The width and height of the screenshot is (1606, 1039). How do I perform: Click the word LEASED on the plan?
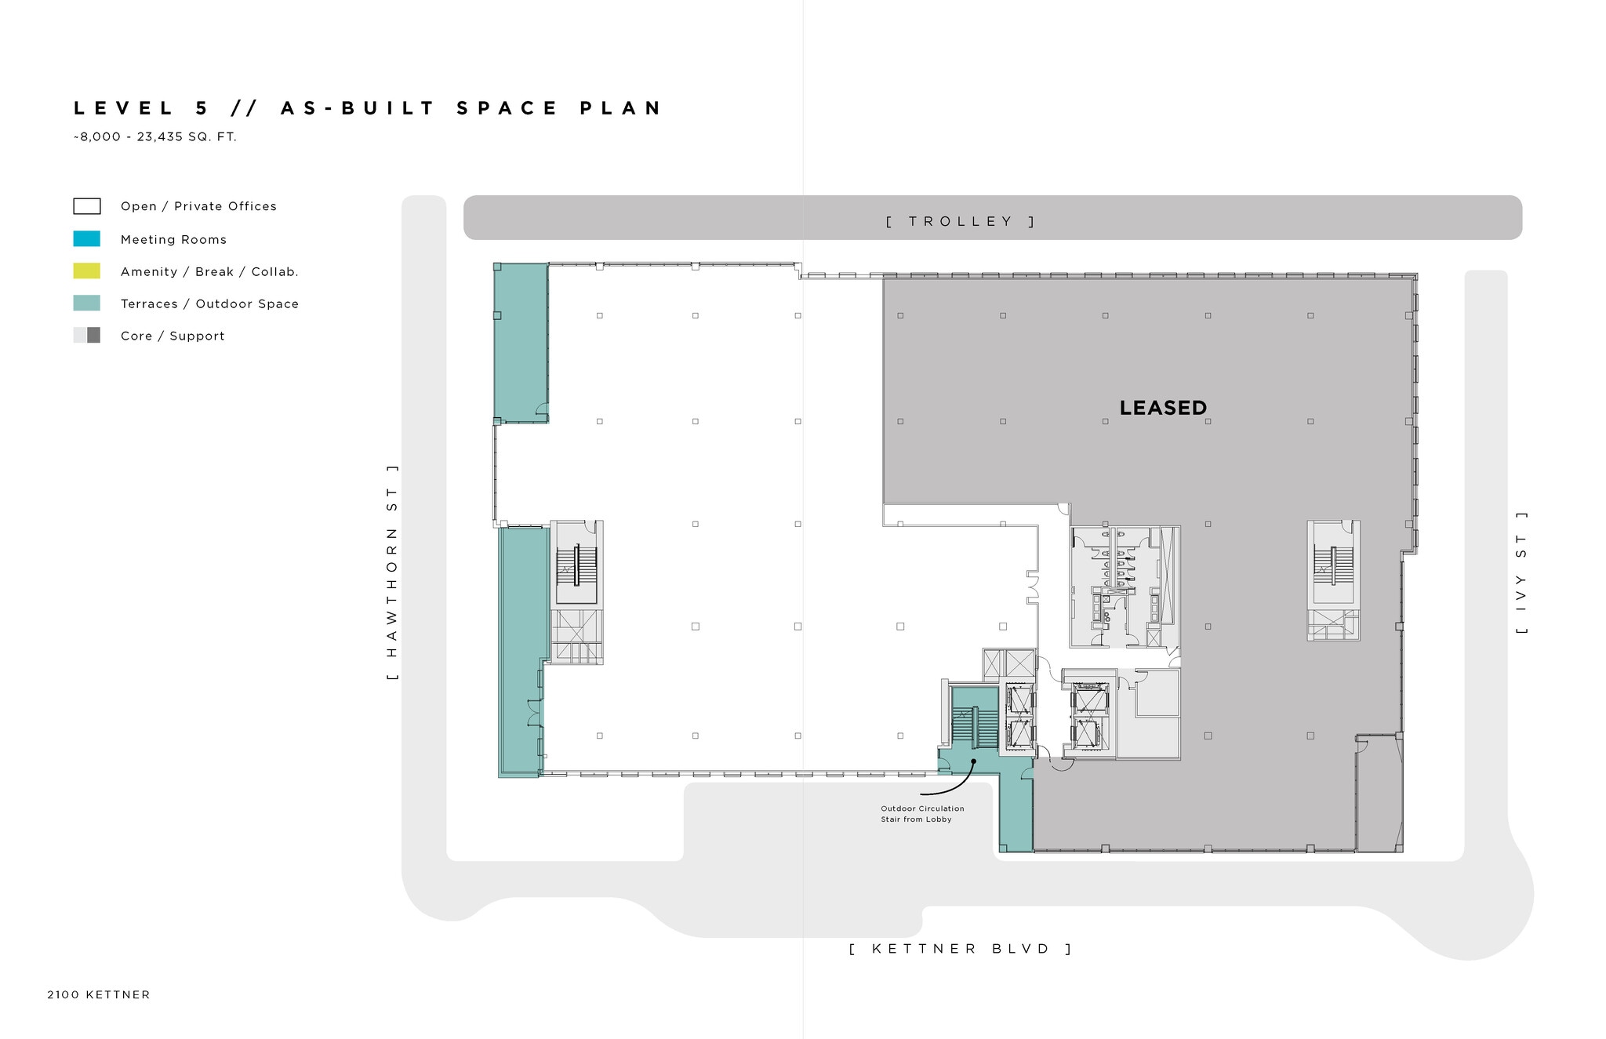[1162, 408]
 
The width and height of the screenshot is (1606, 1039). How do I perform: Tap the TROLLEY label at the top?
[961, 221]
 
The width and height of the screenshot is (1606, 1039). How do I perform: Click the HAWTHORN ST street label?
[392, 572]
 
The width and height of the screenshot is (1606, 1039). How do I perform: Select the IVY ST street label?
[1521, 573]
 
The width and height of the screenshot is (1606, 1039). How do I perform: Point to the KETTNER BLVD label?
[961, 949]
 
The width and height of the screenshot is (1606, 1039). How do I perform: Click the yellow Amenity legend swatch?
[86, 271]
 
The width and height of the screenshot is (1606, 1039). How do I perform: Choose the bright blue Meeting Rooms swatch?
[86, 239]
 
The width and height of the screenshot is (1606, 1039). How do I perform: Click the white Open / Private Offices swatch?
[86, 206]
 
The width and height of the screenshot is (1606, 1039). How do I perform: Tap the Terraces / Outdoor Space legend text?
[209, 304]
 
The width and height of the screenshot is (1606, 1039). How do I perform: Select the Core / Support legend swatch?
[86, 336]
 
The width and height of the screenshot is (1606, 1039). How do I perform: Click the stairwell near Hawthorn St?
[576, 565]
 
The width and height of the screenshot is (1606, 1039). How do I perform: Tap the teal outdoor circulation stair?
[975, 728]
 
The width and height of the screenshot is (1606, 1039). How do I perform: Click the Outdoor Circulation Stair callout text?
[921, 814]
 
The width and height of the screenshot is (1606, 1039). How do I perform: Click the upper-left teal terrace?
[520, 343]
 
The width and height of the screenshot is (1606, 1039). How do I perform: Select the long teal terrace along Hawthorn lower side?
[518, 651]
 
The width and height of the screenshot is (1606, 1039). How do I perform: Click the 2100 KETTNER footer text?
[98, 995]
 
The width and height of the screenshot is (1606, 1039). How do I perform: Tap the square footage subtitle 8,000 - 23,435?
[155, 136]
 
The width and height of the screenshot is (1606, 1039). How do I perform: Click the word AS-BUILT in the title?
[357, 108]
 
